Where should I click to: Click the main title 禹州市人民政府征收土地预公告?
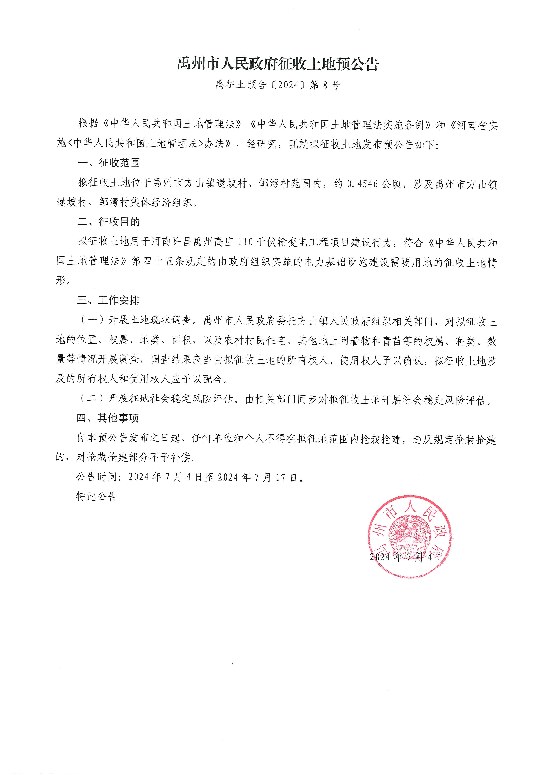pos(278,64)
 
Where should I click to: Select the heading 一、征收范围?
pos(109,163)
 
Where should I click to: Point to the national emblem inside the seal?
pos(409,533)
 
